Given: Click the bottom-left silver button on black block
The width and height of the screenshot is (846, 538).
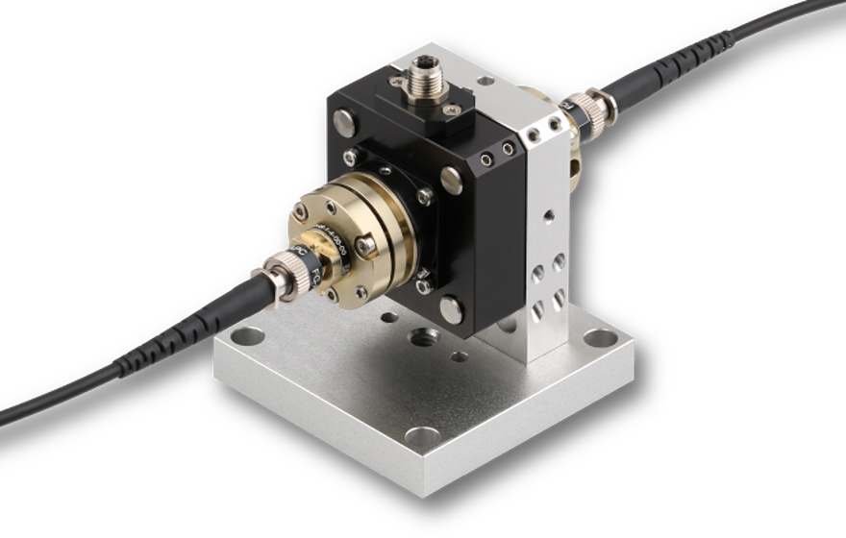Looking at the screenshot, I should click(422, 285).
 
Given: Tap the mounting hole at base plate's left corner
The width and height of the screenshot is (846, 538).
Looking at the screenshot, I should click(247, 337).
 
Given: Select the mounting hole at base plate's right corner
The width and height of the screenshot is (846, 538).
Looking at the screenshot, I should click(600, 339).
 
